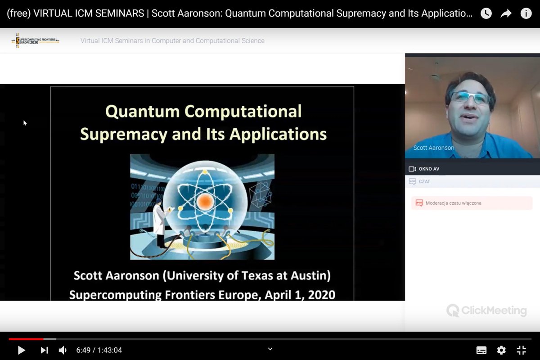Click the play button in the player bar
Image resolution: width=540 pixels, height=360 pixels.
pos(21,350)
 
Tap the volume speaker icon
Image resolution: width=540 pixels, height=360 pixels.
pos(63,350)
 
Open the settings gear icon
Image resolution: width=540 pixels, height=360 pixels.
pos(501,350)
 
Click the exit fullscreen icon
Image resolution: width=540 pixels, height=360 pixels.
pos(521,350)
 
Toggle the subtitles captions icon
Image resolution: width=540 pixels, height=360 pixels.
pos(481,350)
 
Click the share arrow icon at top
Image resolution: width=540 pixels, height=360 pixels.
pos(506,13)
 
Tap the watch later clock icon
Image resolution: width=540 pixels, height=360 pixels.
pos(486,13)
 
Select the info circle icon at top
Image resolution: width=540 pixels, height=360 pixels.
pos(526,13)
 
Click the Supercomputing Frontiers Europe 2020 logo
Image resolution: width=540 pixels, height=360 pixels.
pos(36,40)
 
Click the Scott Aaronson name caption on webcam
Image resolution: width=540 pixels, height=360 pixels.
pos(434,148)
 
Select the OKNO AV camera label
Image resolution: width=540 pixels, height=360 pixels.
pos(428,169)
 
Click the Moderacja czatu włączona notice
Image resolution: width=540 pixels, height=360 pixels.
pos(453,203)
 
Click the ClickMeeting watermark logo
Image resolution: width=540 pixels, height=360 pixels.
pos(486,310)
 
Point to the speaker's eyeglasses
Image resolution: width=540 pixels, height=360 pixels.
pos(469,97)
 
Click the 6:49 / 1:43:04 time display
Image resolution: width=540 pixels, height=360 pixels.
pos(99,350)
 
